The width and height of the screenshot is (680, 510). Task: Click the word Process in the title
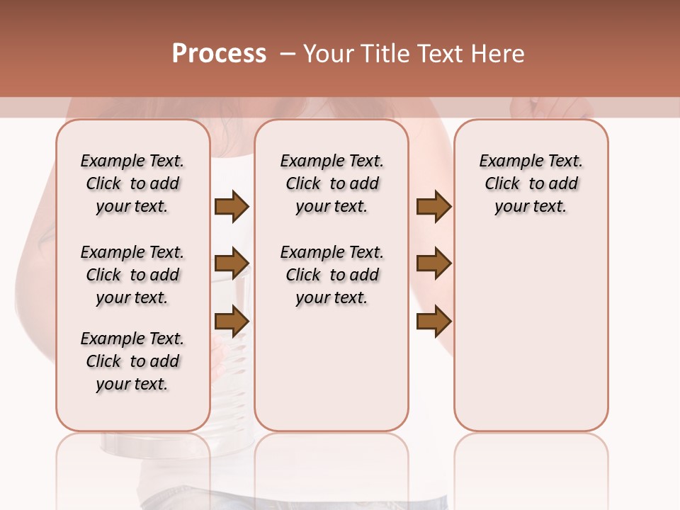(x=219, y=54)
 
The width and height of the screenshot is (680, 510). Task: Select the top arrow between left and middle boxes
(x=232, y=207)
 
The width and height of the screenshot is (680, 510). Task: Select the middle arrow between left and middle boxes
(x=232, y=263)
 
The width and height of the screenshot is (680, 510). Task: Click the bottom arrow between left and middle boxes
(x=232, y=322)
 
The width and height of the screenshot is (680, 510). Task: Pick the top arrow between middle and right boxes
(x=433, y=207)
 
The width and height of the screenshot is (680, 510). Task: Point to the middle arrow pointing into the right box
(x=433, y=263)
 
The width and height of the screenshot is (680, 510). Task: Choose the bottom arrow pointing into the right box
(x=433, y=322)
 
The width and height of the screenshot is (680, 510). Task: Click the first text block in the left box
(x=132, y=183)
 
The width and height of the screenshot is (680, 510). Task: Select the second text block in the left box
(x=132, y=275)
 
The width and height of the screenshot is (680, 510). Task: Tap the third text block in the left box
(x=132, y=361)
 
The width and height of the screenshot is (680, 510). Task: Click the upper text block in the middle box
(x=331, y=183)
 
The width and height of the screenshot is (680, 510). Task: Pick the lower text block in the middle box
(x=331, y=275)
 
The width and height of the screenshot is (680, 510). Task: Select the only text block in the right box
(x=531, y=183)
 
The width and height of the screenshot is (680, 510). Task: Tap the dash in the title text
(x=288, y=54)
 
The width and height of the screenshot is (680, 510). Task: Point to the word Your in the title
(x=327, y=54)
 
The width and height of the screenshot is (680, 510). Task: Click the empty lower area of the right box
(x=531, y=340)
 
